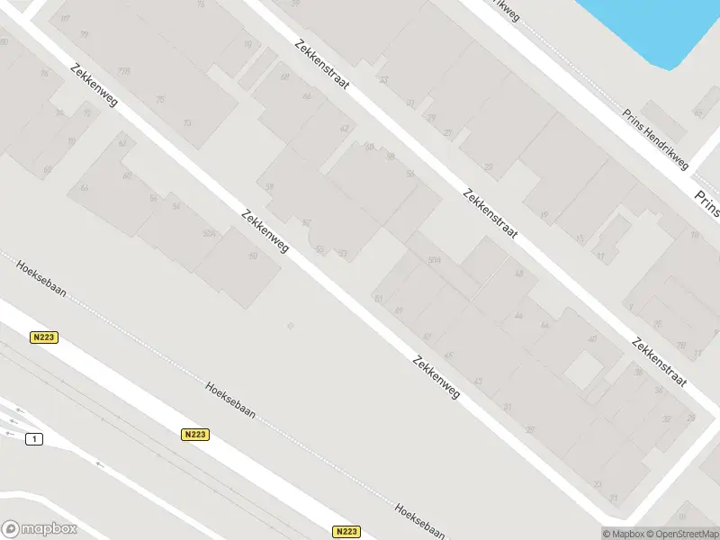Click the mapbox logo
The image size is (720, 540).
40,529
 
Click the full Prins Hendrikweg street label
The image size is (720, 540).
655,140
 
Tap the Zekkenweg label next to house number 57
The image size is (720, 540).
265,230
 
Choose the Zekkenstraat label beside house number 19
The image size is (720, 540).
490,212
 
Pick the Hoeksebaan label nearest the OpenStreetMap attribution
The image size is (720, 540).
419,521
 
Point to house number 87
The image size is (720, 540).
64,19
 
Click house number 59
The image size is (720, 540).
269,187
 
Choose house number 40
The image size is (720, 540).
591,338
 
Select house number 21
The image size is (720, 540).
613,498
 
